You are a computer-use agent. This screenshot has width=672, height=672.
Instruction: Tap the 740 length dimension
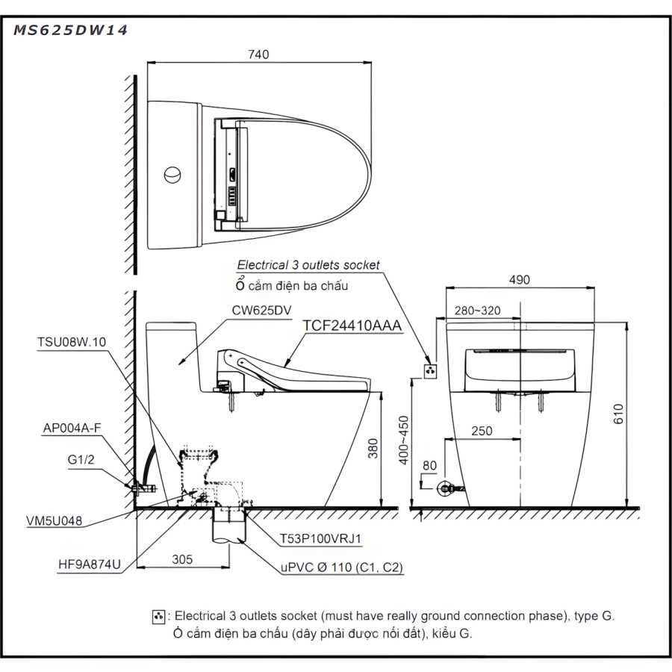click(258, 55)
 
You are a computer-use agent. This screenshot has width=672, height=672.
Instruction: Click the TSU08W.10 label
click(72, 342)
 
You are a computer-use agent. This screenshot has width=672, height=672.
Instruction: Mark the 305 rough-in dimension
click(183, 559)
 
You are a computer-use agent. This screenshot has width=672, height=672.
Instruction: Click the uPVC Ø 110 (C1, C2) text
click(342, 568)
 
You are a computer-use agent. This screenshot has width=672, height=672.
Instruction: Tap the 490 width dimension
click(520, 281)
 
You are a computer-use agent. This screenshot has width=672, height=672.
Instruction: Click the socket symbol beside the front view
click(429, 370)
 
